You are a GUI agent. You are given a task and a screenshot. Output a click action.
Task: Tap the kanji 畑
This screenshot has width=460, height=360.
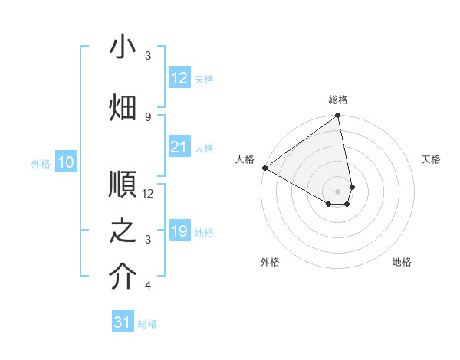pos(123,106)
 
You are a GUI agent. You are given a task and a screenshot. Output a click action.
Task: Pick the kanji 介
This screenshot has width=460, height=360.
pos(123,276)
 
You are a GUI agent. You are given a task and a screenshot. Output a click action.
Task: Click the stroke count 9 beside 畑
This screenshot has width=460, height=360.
pos(148,116)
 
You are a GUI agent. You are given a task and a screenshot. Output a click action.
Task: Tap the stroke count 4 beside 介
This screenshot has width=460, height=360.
pos(148,286)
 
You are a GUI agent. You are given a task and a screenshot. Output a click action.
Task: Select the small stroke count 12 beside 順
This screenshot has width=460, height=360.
pos(148,194)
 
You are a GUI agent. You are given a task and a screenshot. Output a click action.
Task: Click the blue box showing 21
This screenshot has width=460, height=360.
pos(179,147)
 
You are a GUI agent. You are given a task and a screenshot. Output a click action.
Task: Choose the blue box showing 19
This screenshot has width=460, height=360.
pos(179,231)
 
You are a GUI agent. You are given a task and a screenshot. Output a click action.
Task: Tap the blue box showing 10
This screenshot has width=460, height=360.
pos(66,162)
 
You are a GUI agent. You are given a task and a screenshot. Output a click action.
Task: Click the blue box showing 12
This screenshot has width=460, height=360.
pos(179,77)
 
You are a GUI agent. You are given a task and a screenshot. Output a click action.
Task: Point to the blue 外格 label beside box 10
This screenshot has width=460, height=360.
pos(41,163)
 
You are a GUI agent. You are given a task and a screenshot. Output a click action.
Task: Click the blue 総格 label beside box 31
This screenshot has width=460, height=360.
pos(147,324)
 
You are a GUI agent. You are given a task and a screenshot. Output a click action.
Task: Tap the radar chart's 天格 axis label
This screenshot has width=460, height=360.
pos(431,159)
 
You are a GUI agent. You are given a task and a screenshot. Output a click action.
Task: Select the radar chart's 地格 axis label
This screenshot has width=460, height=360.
pos(402,262)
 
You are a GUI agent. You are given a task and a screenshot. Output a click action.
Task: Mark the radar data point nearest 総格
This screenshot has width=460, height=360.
pos(338,116)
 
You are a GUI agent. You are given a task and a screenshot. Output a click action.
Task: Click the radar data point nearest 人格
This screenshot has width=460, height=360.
pos(264,168)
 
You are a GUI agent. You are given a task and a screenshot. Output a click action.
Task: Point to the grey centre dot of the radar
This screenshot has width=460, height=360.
pos(337,190)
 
